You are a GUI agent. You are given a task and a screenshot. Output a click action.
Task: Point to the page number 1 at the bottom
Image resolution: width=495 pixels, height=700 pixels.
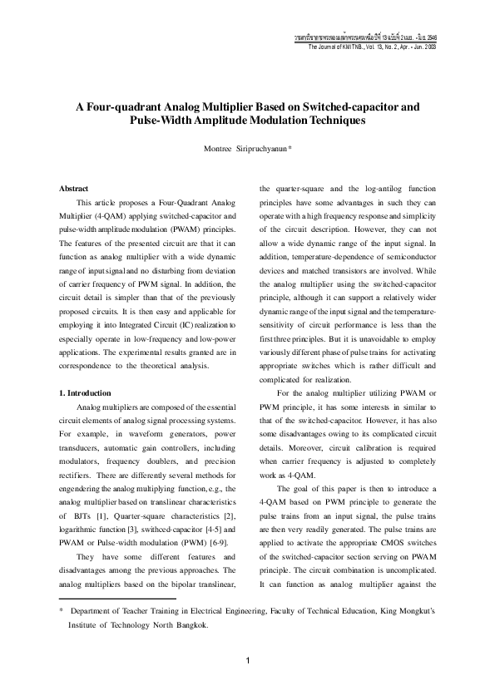tap(248, 661)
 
